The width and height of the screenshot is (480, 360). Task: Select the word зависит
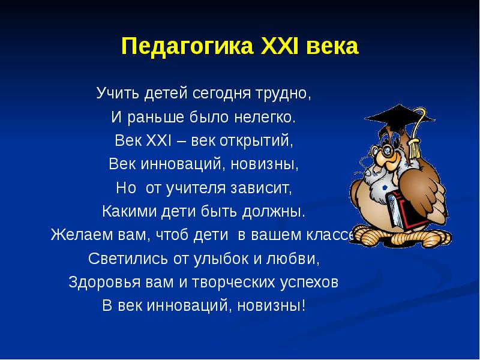pyautogui.click(x=264, y=188)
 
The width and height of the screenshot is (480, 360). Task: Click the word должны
pyautogui.click(x=276, y=212)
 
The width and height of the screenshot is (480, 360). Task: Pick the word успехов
pyautogui.click(x=311, y=282)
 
